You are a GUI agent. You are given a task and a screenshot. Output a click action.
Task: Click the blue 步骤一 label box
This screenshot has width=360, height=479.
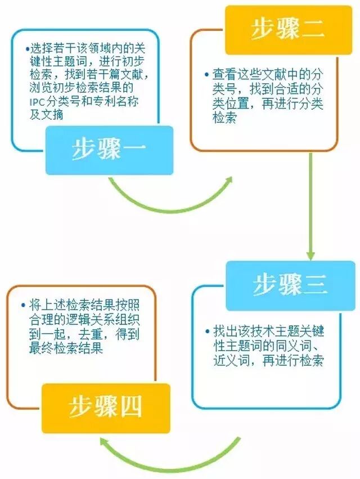[x=109, y=150]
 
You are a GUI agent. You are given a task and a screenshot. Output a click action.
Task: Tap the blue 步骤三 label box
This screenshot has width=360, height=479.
[x=290, y=285]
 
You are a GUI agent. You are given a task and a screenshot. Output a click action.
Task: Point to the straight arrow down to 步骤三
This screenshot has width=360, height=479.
[x=310, y=208]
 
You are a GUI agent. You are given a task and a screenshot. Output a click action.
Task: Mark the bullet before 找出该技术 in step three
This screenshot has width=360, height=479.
[x=208, y=331]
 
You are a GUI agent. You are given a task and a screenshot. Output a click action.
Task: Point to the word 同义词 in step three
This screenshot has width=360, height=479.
[x=293, y=346]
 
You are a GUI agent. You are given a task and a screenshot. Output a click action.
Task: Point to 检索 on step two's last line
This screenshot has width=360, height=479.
[x=224, y=118]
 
